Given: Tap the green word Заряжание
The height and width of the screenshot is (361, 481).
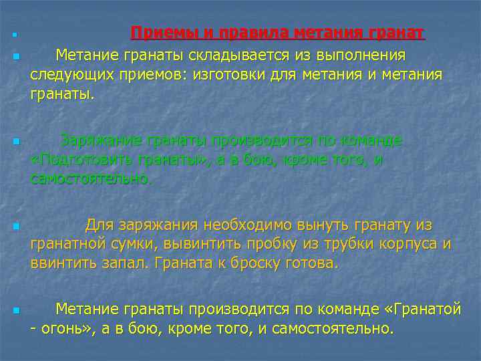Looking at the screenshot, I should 101,140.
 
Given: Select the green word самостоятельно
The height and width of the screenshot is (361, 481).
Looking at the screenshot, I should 92,180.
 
